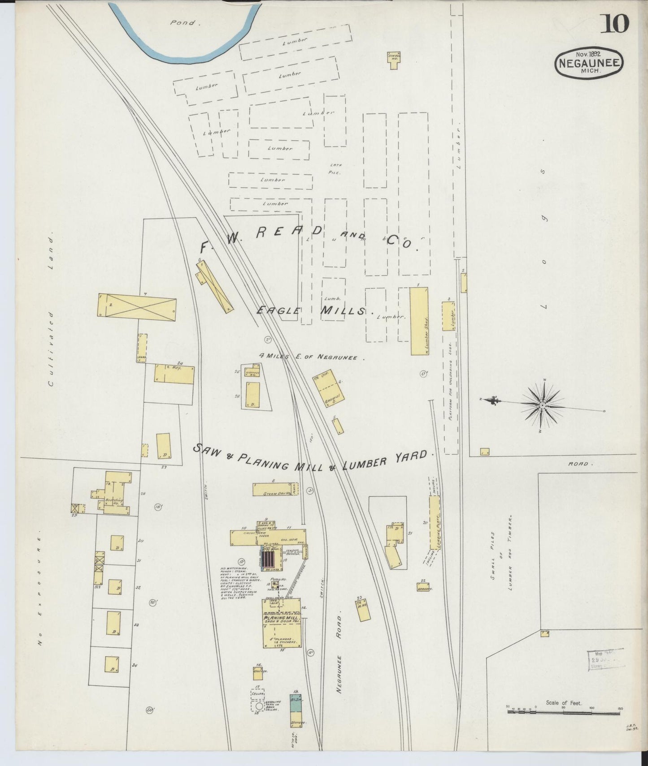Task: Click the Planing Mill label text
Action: click(281, 618)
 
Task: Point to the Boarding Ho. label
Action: click(111, 501)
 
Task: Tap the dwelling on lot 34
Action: click(111, 664)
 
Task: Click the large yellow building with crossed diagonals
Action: click(137, 307)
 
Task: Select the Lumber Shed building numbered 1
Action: click(419, 321)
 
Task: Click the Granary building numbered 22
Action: click(422, 587)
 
